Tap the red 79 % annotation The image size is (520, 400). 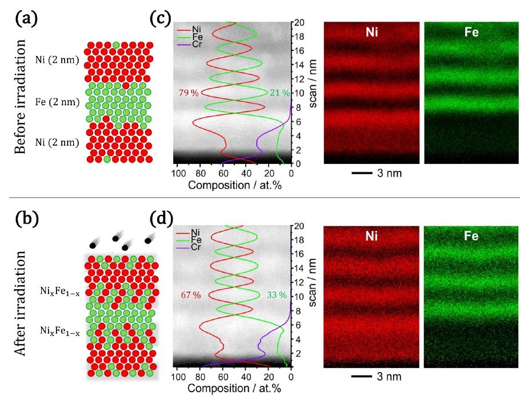coord(189,93)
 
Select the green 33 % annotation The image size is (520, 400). coord(277,295)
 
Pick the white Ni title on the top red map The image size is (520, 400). coord(372,33)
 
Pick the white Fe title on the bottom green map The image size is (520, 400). coord(471,235)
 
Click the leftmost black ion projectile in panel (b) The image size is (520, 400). coord(91,245)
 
